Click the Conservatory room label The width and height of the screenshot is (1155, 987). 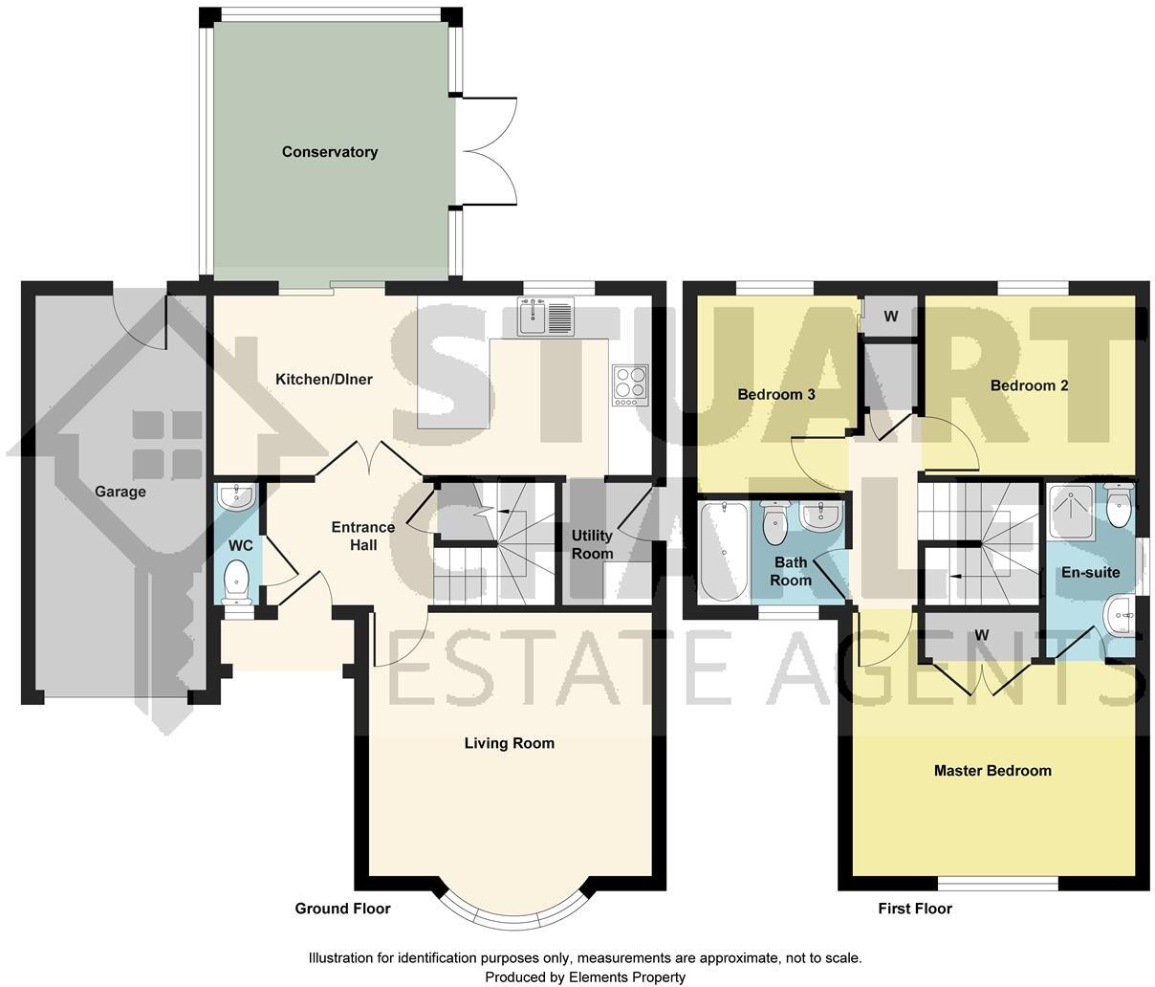pos(329,152)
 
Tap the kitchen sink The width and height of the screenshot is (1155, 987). pos(546,317)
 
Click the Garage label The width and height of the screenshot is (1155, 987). pos(120,492)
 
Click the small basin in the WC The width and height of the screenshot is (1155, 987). pos(235,496)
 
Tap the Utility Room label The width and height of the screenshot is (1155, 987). pos(592,544)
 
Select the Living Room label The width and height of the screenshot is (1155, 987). pos(509,743)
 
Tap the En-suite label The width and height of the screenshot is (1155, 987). pos(1090,573)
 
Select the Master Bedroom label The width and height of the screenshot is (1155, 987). pos(992,771)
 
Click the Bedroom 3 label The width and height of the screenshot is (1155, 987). pos(775,394)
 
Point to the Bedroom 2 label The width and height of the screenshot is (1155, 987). pos(1029,386)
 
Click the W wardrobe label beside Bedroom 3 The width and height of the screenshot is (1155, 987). pos(890,316)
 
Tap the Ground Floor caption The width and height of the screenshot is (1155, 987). pos(342,909)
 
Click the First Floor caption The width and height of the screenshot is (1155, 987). pos(914,909)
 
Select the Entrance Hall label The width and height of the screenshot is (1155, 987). pos(362,536)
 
